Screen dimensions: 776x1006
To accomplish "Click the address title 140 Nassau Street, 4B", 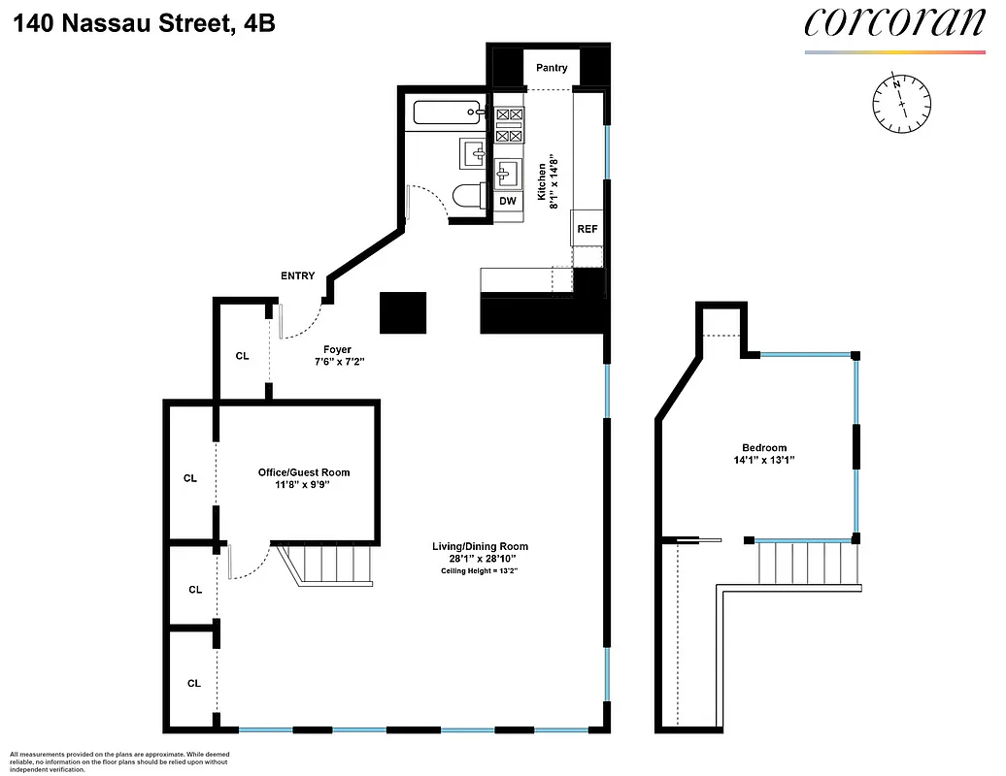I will [x=145, y=22].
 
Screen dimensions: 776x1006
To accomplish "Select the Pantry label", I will [x=552, y=68].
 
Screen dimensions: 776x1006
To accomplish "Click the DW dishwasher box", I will [x=507, y=201].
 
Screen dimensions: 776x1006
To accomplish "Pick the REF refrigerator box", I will [x=587, y=229].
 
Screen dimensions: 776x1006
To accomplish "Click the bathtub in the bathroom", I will [x=447, y=113].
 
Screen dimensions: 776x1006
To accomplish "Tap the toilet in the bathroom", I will [x=470, y=196].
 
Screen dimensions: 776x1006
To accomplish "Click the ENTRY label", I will [x=297, y=275].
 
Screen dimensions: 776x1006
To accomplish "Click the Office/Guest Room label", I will [x=303, y=472].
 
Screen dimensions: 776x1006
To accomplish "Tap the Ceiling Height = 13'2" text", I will [x=480, y=571].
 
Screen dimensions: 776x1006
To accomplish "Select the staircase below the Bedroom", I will [x=807, y=563].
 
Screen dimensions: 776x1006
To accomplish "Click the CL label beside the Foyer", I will [x=242, y=356].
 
